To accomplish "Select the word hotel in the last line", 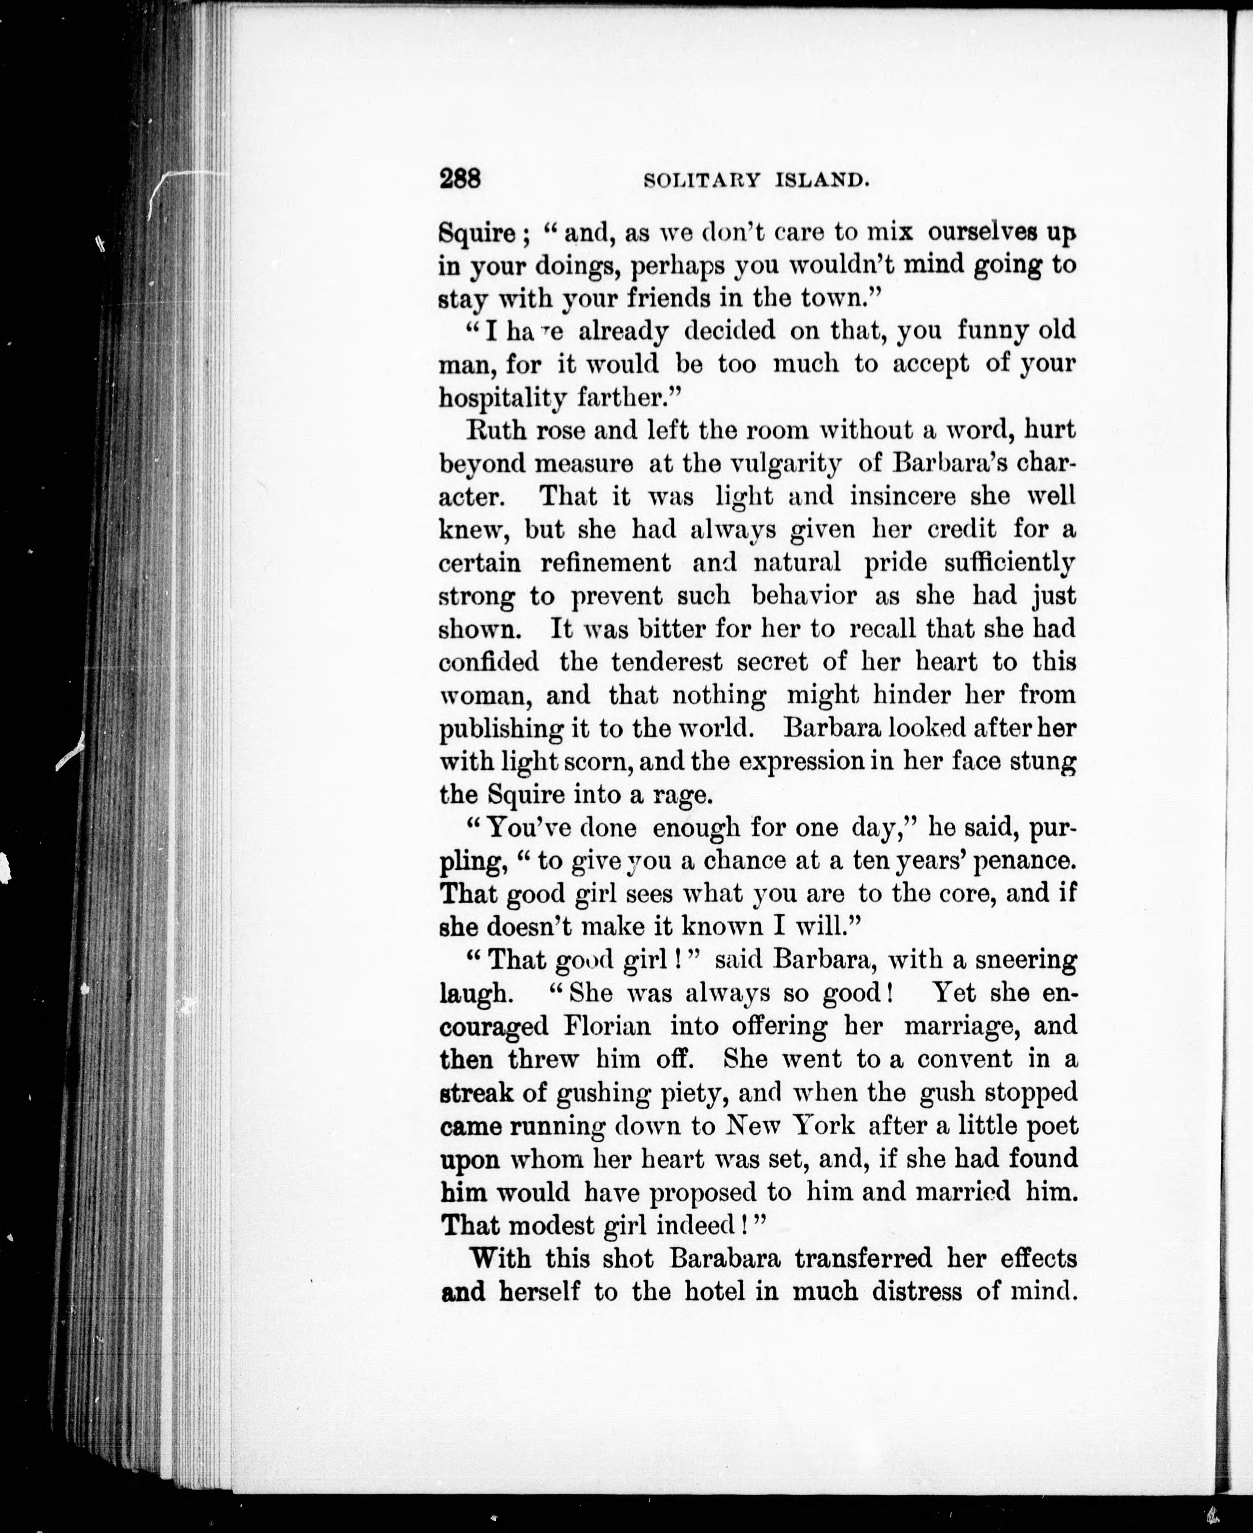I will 714,1293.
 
